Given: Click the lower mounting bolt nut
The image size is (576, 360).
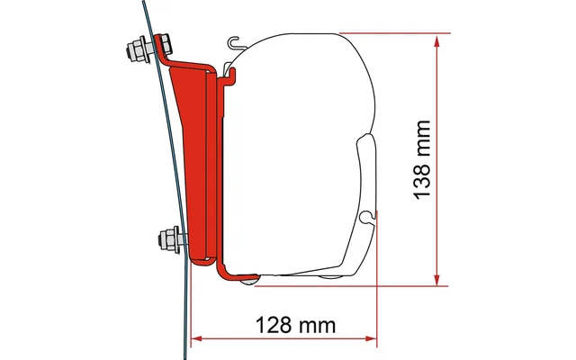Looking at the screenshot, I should tap(167, 240).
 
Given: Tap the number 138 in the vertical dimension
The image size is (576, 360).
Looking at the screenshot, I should tap(426, 186).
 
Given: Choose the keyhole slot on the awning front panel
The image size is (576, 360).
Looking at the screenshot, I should tap(366, 217).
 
